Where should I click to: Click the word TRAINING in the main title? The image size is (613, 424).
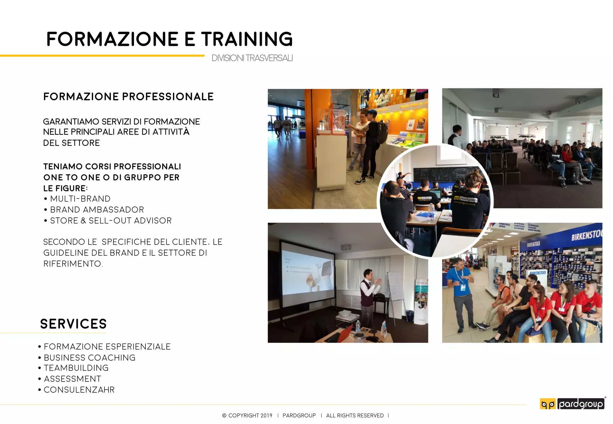click(x=247, y=39)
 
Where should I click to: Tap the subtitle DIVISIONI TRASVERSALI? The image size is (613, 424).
click(x=252, y=58)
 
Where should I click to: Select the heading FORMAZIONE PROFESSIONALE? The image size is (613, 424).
click(x=128, y=97)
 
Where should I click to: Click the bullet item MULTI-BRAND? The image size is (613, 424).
click(x=80, y=199)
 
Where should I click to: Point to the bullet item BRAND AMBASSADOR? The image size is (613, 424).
click(x=97, y=210)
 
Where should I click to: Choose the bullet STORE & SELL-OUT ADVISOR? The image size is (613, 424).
click(x=111, y=221)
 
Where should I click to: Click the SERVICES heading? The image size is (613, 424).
click(x=73, y=324)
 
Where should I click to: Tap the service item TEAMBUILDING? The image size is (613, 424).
click(x=76, y=368)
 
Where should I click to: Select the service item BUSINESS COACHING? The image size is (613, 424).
click(x=89, y=358)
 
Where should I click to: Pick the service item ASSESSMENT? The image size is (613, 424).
click(x=72, y=379)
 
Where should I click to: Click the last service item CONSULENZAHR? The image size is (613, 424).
click(x=79, y=390)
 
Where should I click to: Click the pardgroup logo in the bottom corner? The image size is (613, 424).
click(x=572, y=404)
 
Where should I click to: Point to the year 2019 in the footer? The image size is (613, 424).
click(x=266, y=416)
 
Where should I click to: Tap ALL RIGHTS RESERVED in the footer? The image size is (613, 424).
click(x=355, y=416)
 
